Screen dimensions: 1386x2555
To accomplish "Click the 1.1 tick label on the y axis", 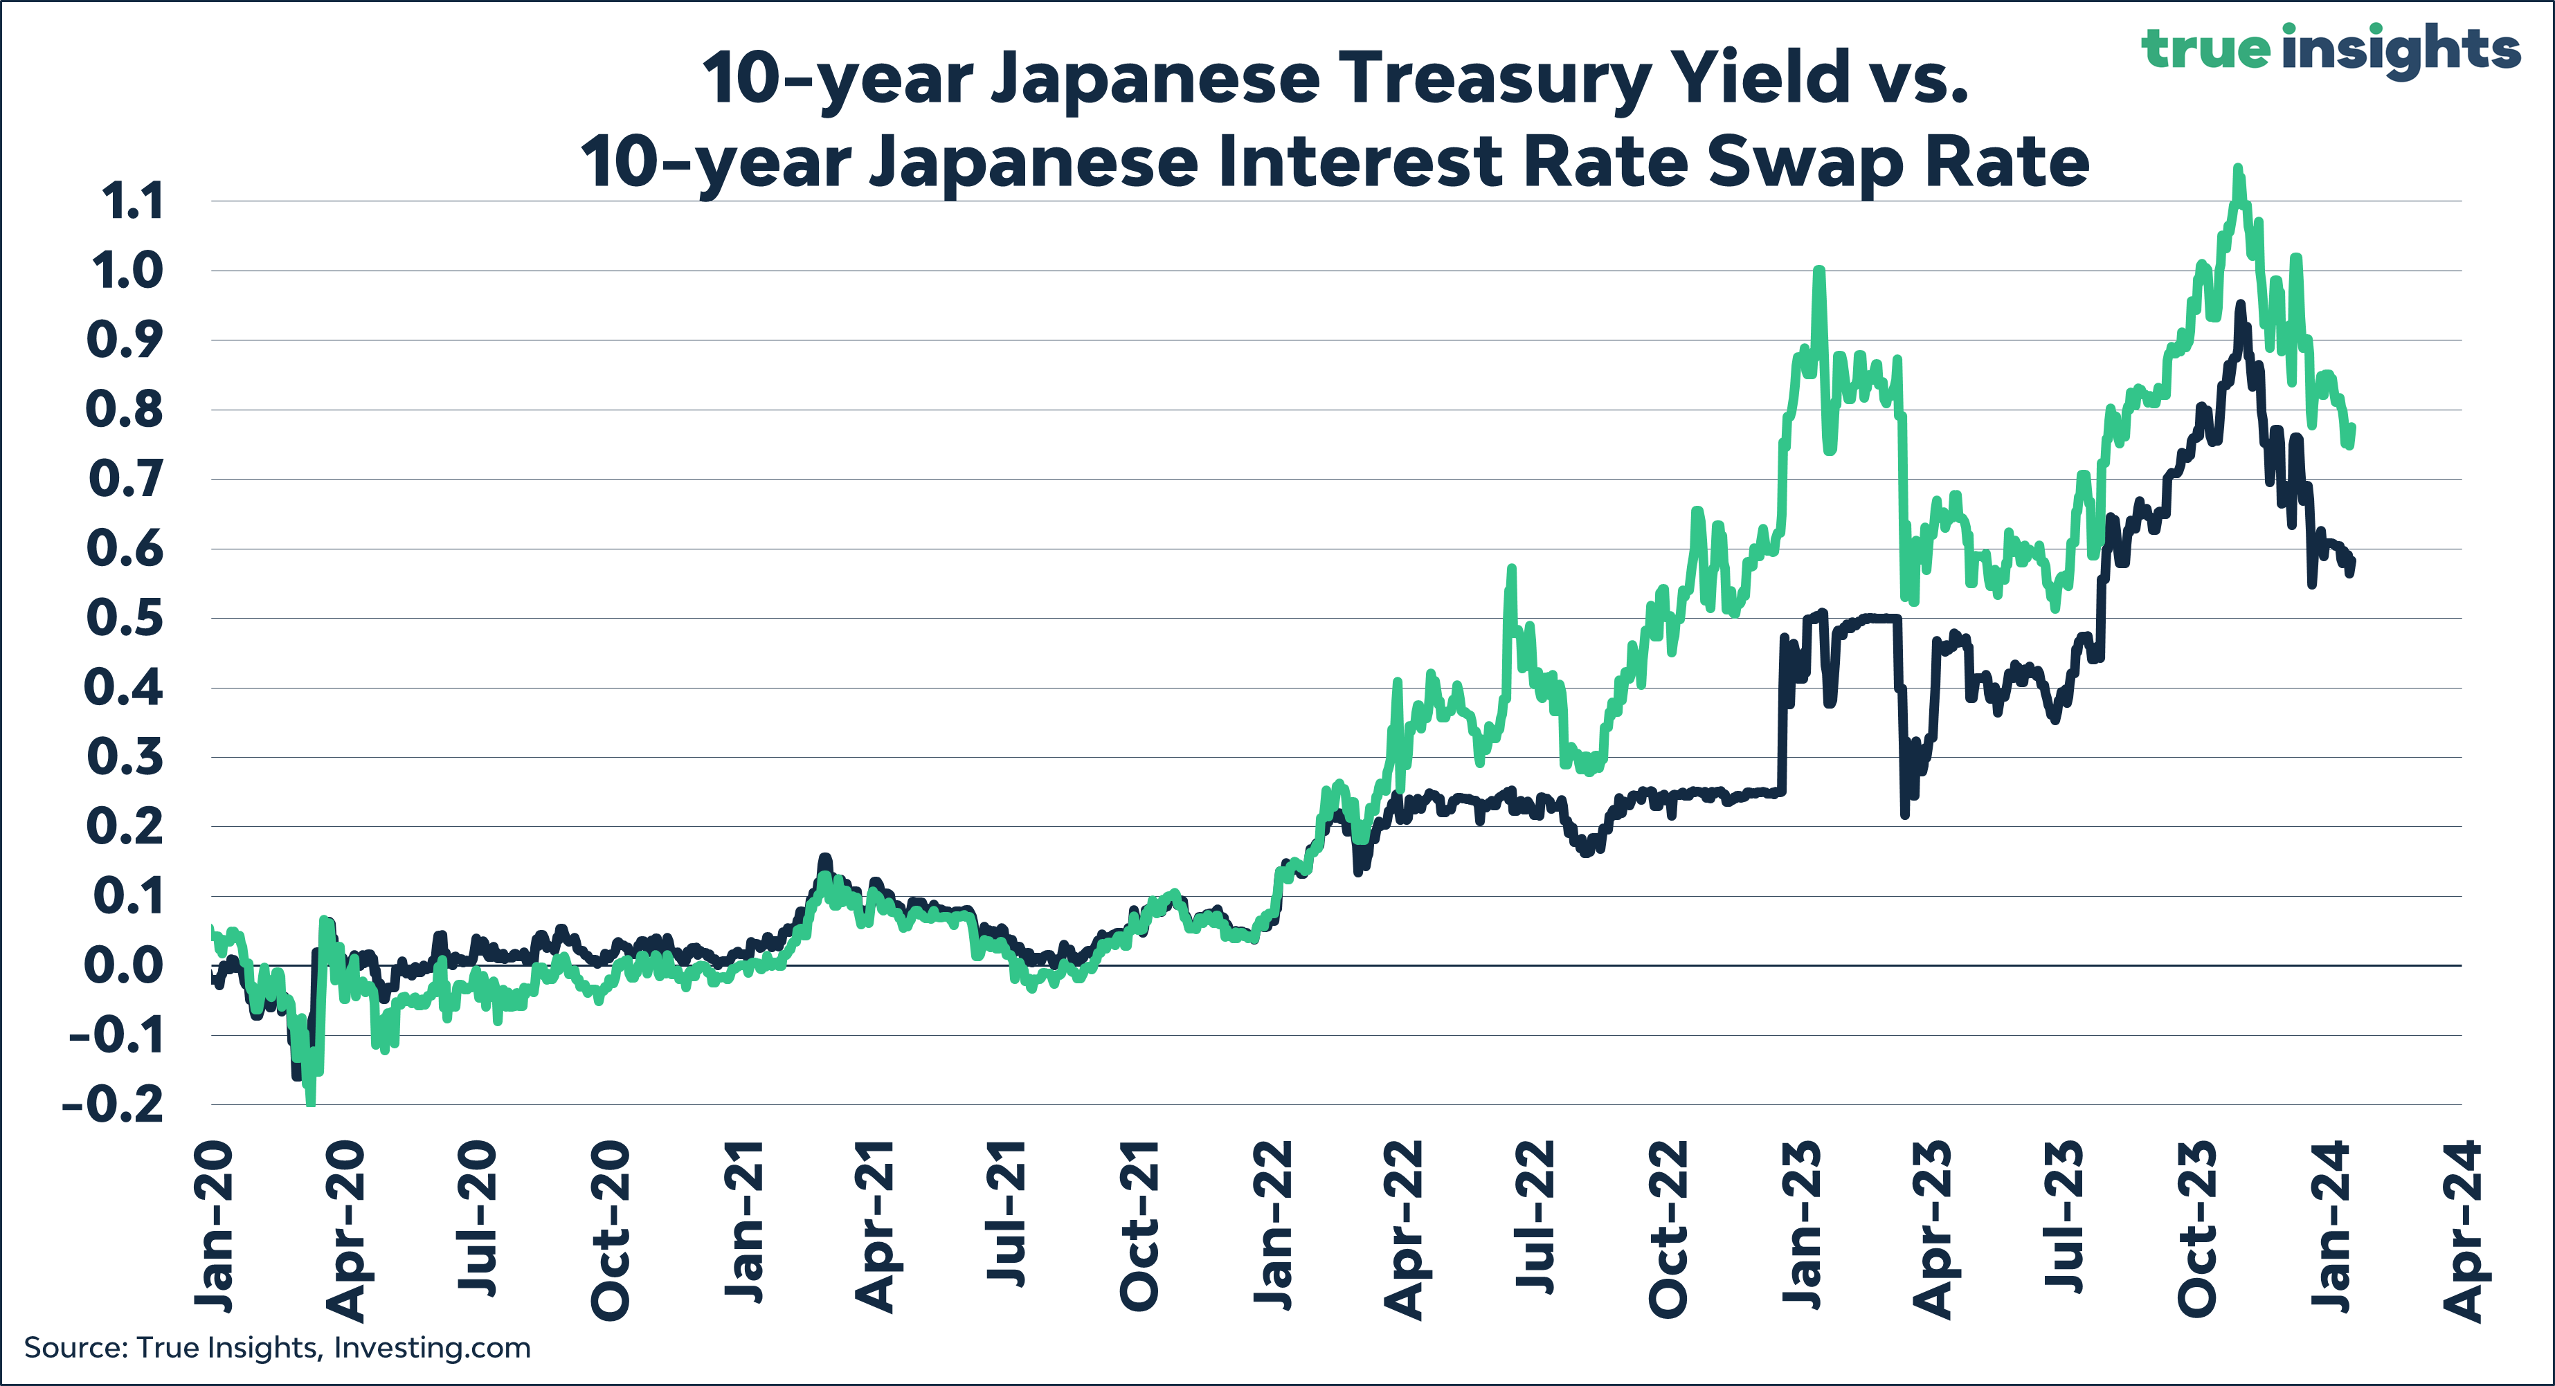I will [x=132, y=202].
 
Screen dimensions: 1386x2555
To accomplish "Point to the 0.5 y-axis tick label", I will [x=124, y=619].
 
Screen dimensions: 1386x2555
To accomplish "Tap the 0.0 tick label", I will [x=123, y=967].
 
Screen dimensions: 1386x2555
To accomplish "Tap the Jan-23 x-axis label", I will [x=1802, y=1228].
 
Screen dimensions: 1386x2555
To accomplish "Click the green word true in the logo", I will [x=2205, y=50].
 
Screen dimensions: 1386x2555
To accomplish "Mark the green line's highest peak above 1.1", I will [x=2237, y=170].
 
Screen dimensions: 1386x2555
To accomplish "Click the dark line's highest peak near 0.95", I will [x=2239, y=307].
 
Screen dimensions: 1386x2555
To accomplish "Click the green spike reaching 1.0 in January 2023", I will [x=1818, y=270].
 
